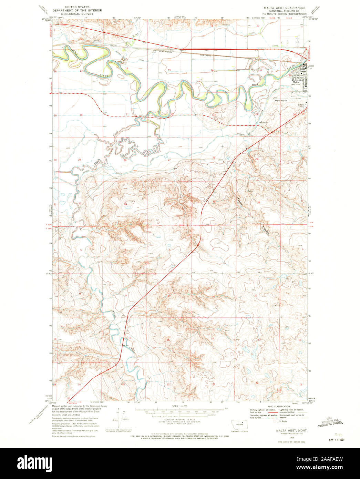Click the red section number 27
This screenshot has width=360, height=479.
click(x=169, y=160)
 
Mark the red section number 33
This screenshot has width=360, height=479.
click(x=125, y=204)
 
